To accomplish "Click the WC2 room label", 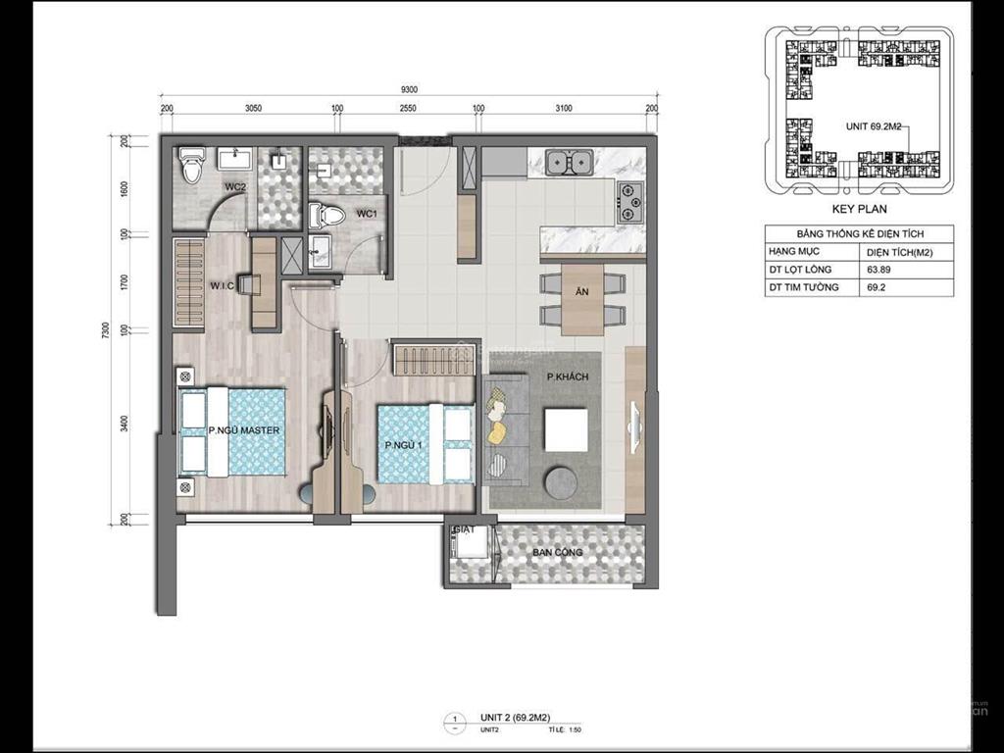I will [x=233, y=186].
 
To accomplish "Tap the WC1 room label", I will [x=367, y=214].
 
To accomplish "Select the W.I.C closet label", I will [x=221, y=286].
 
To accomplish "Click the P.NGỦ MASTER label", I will [x=244, y=430].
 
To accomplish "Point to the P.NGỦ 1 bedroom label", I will [x=402, y=446].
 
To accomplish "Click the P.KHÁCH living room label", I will [x=567, y=377].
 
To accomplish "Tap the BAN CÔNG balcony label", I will [x=557, y=553].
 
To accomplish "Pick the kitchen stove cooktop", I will [x=628, y=202].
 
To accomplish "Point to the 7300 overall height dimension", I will [x=105, y=332].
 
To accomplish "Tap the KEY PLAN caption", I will [x=859, y=209].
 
